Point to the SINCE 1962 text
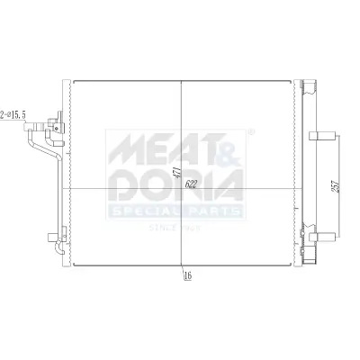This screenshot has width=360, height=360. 175,228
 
